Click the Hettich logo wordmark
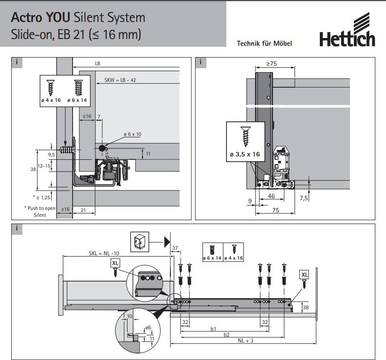[x=347, y=39]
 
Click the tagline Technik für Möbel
[x=264, y=44]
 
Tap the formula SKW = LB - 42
[x=120, y=80]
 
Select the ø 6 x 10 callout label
[x=132, y=134]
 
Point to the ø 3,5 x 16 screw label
[x=245, y=154]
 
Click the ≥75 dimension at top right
[x=272, y=64]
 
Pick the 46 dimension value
[x=271, y=196]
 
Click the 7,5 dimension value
[x=304, y=198]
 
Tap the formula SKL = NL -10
[x=104, y=253]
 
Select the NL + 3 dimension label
[x=245, y=341]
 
